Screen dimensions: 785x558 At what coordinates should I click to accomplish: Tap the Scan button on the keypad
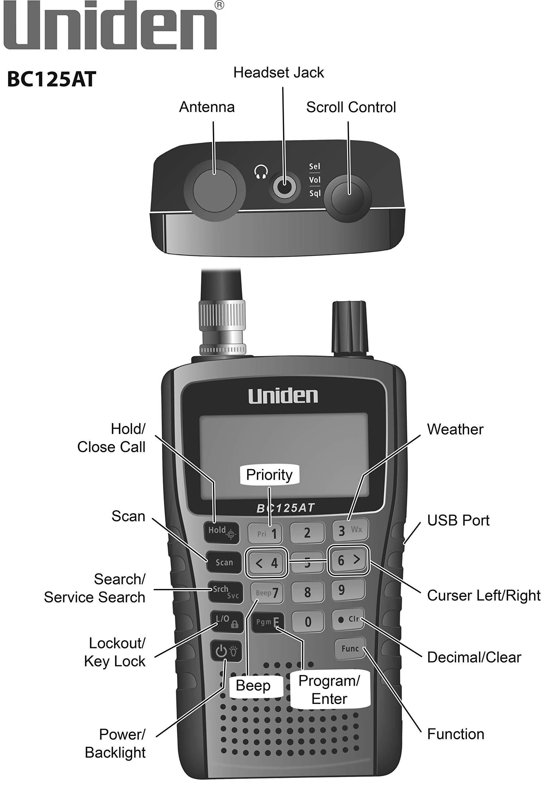click(x=224, y=562)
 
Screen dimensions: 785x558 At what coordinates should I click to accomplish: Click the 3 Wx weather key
click(x=350, y=530)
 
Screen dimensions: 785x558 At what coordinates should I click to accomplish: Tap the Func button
click(x=350, y=649)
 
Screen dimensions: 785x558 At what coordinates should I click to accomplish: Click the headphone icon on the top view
click(x=261, y=172)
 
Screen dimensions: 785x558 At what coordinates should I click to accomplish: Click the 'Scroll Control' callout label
click(x=351, y=107)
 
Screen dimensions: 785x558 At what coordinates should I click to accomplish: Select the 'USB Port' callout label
click(x=458, y=520)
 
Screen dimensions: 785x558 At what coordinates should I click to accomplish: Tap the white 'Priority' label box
click(x=269, y=475)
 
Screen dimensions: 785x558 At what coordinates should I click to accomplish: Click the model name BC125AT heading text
click(x=51, y=79)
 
